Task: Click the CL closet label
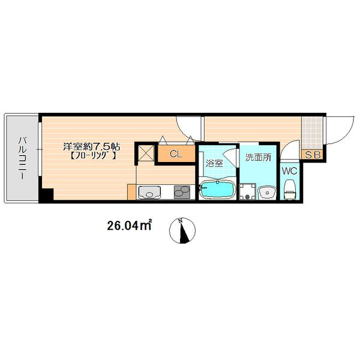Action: point(176,154)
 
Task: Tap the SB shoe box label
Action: point(312,155)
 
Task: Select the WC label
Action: point(290,171)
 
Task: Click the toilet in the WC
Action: point(290,190)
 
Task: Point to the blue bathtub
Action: point(217,189)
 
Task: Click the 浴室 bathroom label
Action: point(214,163)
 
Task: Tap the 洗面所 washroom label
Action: point(258,157)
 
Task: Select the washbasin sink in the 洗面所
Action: point(267,193)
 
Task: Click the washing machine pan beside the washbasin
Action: point(248,191)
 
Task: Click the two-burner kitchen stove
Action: point(182,192)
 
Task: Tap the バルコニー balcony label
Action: point(22,158)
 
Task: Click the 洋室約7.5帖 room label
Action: point(92,146)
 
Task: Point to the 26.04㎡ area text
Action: point(129,226)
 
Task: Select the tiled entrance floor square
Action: point(312,133)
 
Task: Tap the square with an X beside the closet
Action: point(146,153)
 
